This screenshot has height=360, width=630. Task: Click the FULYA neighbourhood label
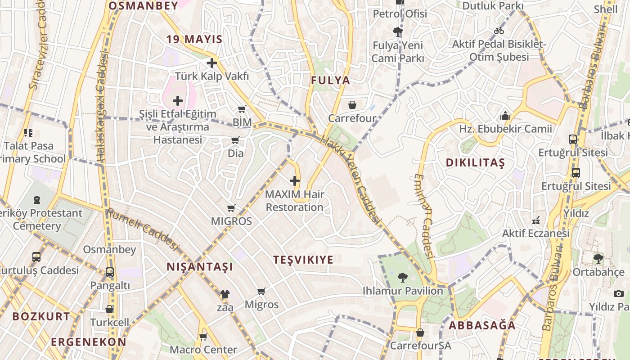pyautogui.click(x=330, y=81)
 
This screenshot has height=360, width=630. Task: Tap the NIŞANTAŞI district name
pyautogui.click(x=200, y=267)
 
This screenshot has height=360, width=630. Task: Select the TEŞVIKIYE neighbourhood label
pyautogui.click(x=303, y=260)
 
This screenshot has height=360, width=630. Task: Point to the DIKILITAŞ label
pyautogui.click(x=475, y=163)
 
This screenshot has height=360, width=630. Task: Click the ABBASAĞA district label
pyautogui.click(x=482, y=325)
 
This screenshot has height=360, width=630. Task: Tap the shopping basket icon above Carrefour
pyautogui.click(x=352, y=105)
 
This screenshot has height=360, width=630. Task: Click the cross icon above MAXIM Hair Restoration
pyautogui.click(x=295, y=181)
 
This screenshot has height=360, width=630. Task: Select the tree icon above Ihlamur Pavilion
pyautogui.click(x=403, y=277)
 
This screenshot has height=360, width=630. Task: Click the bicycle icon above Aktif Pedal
pyautogui.click(x=499, y=31)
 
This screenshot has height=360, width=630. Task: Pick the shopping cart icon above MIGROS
pyautogui.click(x=231, y=208)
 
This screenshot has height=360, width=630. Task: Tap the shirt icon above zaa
pyautogui.click(x=225, y=294)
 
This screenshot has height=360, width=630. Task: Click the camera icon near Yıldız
pyautogui.click(x=619, y=293)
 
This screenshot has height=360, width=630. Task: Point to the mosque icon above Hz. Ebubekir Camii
pyautogui.click(x=505, y=116)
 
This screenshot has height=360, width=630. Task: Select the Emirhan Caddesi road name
pyautogui.click(x=425, y=216)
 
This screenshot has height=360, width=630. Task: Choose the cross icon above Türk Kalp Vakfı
pyautogui.click(x=212, y=63)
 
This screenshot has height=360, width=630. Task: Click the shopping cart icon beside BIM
pyautogui.click(x=242, y=109)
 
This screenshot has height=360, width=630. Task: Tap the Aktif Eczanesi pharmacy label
pyautogui.click(x=535, y=233)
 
